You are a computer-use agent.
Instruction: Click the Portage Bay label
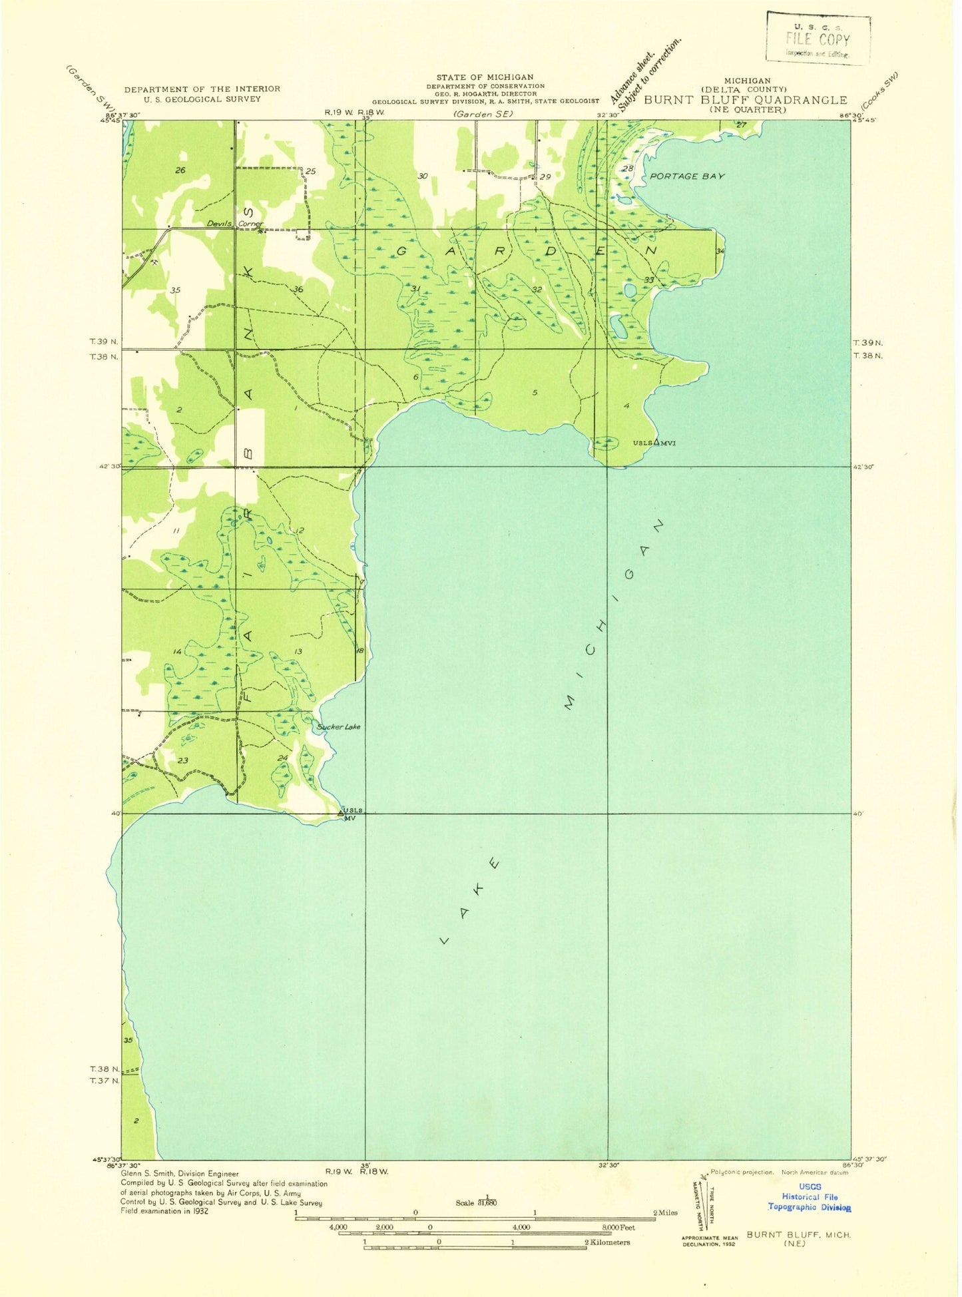[686, 176]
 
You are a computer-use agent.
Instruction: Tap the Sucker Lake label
[339, 726]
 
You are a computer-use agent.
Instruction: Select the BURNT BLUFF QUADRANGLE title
[745, 100]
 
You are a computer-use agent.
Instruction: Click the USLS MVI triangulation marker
[656, 442]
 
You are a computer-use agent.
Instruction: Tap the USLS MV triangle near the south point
[341, 812]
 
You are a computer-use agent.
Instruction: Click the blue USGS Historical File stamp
[810, 1196]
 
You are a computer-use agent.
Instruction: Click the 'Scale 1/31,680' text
[476, 1202]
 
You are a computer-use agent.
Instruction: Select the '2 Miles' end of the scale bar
[664, 1212]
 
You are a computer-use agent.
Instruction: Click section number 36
[298, 289]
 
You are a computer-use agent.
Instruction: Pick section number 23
[182, 760]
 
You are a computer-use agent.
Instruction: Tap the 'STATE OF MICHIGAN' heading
[485, 77]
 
